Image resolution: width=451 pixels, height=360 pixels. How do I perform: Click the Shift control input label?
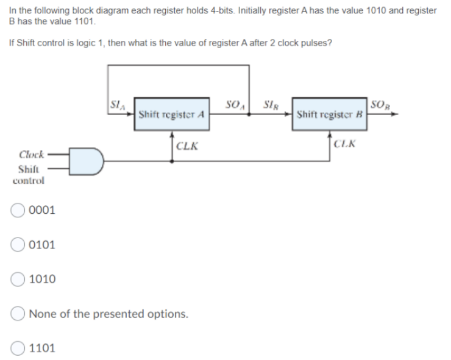(x=27, y=174)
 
